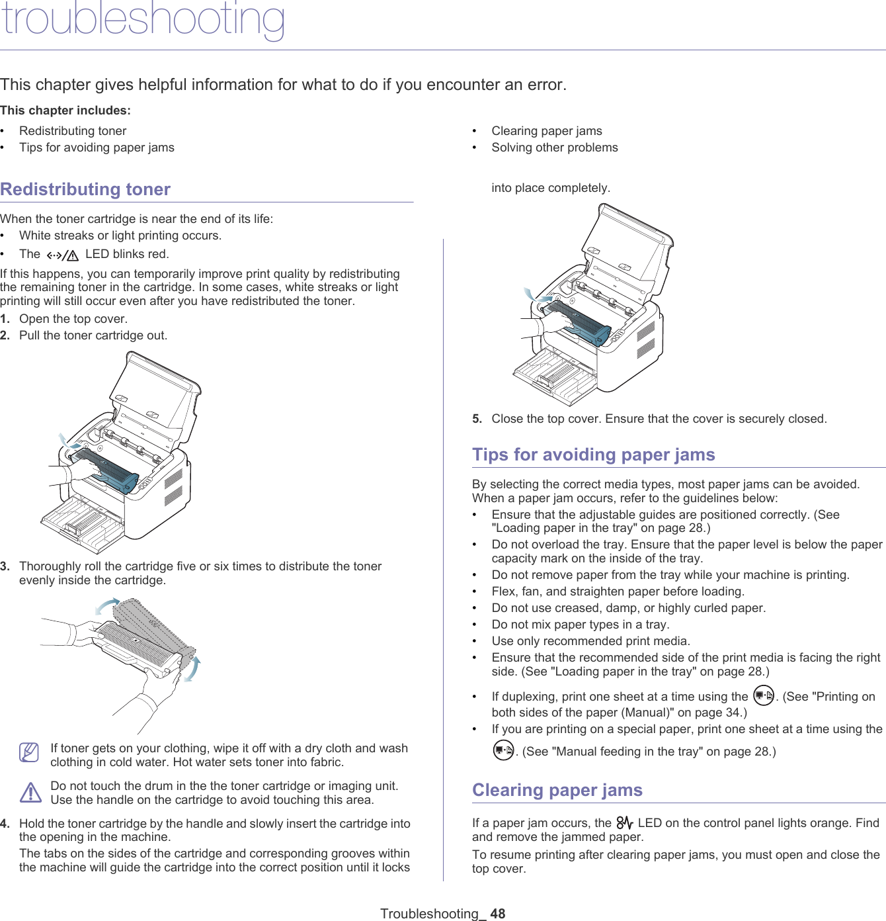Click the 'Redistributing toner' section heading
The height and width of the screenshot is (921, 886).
85,189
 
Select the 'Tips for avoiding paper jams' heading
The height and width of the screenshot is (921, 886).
593,455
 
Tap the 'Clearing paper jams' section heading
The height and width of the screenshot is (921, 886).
557,790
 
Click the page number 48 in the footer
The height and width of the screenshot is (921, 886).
497,913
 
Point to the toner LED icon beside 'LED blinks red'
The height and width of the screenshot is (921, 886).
63,255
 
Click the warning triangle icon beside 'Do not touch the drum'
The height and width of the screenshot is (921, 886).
30,793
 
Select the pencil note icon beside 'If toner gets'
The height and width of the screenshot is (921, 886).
30,752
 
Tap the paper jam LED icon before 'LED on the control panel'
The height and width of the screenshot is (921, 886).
624,823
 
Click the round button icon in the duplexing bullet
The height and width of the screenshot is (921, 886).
764,696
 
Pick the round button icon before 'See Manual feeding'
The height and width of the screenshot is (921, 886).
503,750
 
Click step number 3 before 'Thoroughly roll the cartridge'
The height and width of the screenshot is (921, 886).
5,566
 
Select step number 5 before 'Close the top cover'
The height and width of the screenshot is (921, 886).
477,419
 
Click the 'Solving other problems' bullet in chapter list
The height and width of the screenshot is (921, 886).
554,148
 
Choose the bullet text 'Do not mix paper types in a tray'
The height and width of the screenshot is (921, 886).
580,625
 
